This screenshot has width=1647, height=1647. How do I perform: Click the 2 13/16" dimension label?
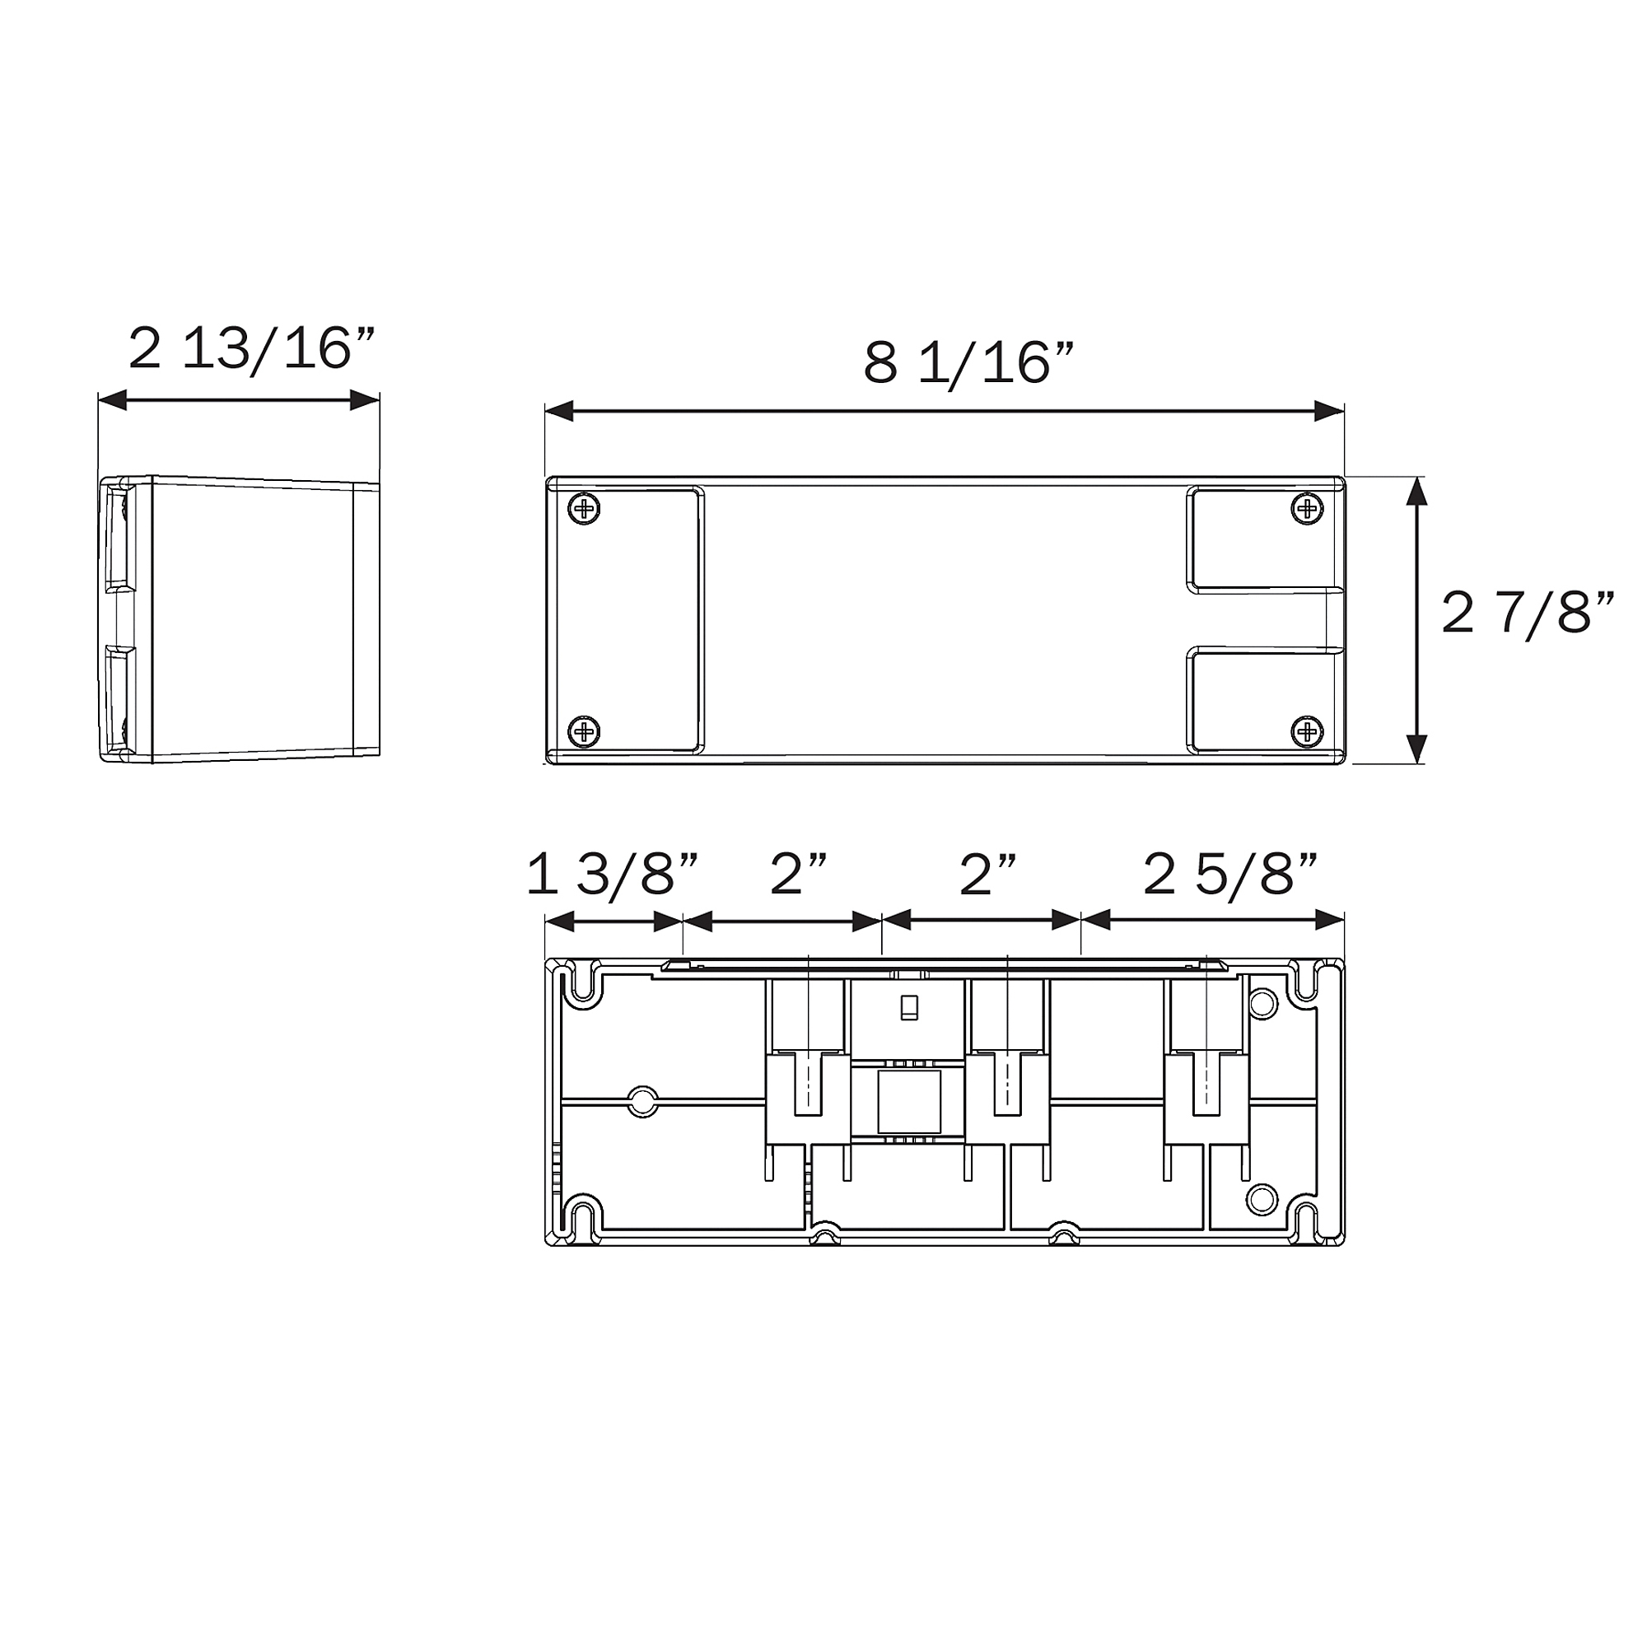(x=251, y=349)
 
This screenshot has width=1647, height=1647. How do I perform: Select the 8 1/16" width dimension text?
(x=968, y=364)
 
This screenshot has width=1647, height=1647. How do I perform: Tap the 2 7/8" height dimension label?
(x=1528, y=614)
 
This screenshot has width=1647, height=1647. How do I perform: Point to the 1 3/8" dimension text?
(x=613, y=875)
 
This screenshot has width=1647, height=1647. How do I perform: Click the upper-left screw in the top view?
(x=584, y=510)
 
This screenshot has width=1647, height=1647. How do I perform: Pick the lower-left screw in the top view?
(x=584, y=730)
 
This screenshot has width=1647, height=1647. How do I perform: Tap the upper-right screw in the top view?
(x=1308, y=509)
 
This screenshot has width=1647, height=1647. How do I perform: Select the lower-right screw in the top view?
(x=1308, y=730)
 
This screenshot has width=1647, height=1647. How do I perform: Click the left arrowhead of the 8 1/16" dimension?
(x=558, y=411)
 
